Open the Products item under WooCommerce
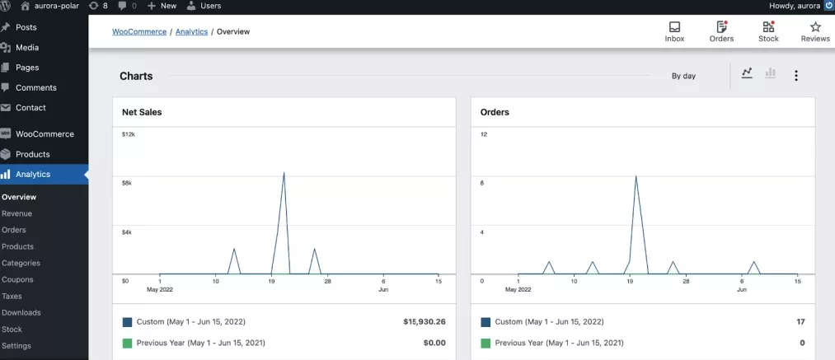[32, 154]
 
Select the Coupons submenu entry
[17, 279]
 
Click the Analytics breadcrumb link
[191, 32]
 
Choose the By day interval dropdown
[683, 76]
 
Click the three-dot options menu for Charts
[795, 76]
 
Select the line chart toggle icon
[747, 73]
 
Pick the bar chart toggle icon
[771, 73]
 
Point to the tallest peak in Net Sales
[284, 173]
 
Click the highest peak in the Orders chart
[636, 176]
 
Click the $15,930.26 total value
[424, 321]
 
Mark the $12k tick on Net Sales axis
[128, 133]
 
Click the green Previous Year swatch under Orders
[486, 343]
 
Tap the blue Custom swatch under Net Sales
[127, 321]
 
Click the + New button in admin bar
[162, 6]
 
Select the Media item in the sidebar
[26, 48]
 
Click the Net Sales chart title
[142, 112]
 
